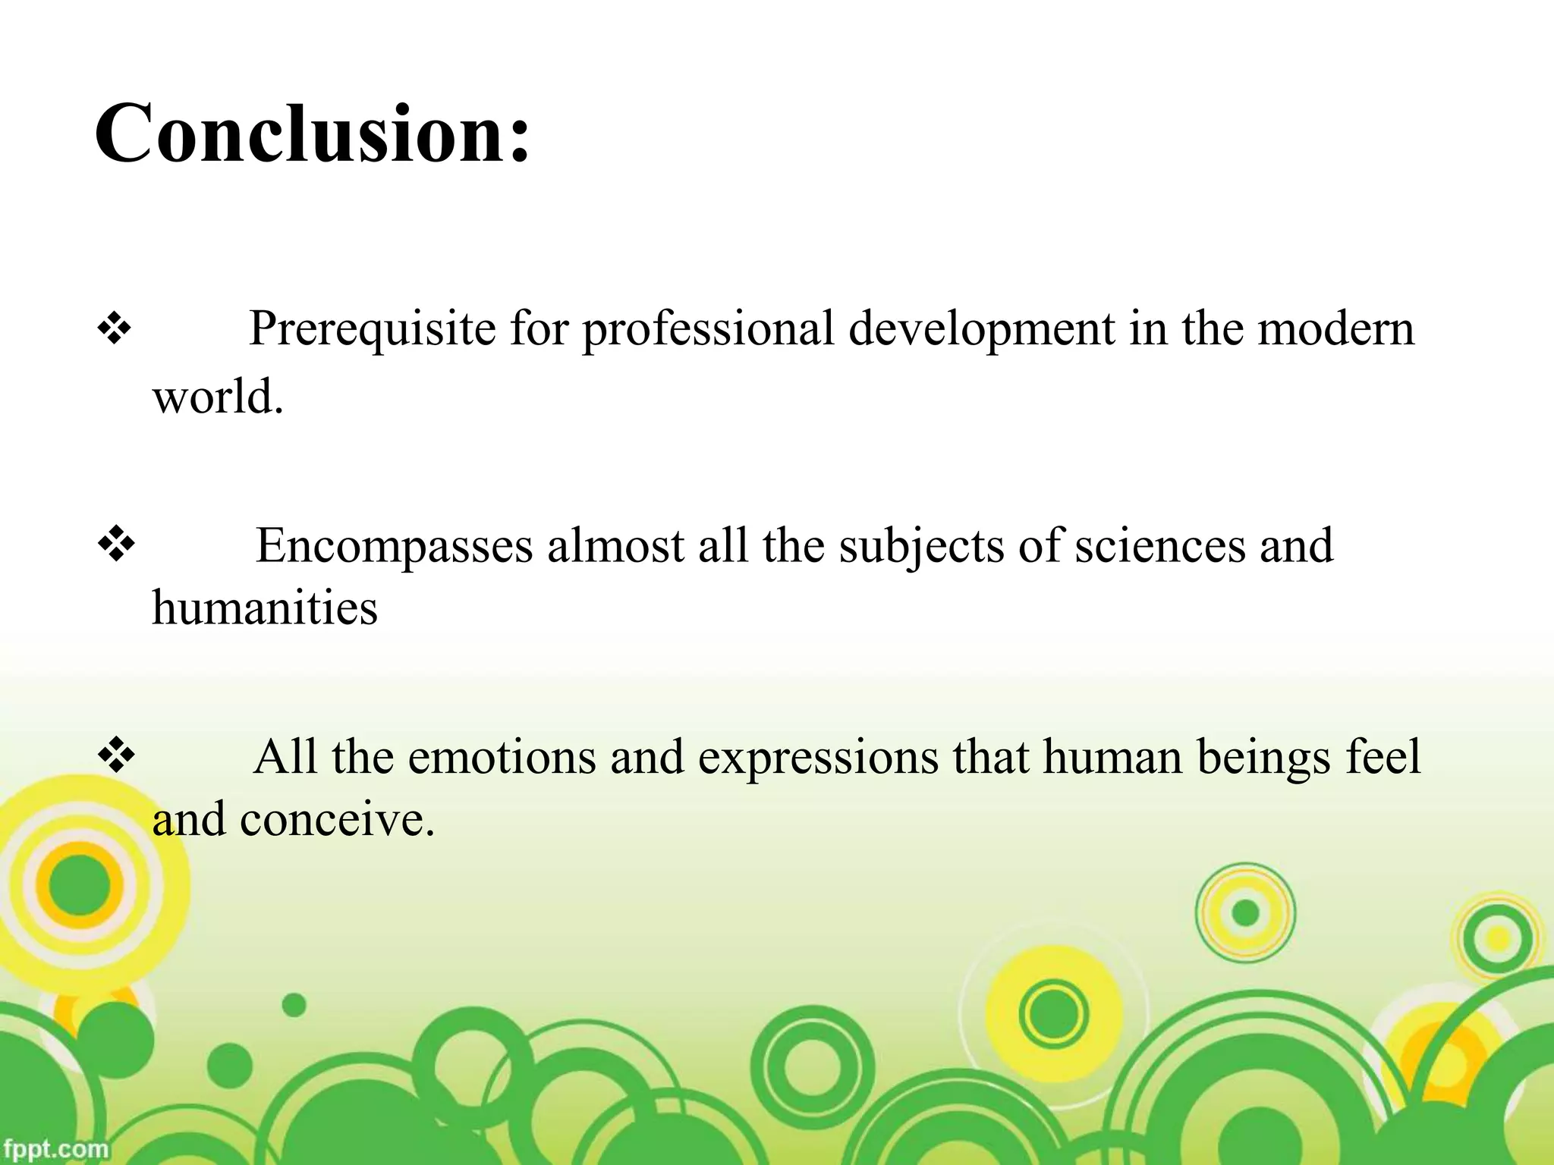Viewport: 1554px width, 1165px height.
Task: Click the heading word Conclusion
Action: [x=311, y=135]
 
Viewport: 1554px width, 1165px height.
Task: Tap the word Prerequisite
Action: [x=372, y=328]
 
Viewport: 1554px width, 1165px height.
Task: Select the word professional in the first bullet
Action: [x=708, y=328]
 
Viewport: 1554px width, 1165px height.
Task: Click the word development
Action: [x=980, y=328]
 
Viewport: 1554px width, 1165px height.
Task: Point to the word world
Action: [x=217, y=396]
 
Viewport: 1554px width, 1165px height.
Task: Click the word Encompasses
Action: [x=394, y=545]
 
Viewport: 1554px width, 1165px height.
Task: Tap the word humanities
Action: [x=265, y=608]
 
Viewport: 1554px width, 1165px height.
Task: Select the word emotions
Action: [x=502, y=757]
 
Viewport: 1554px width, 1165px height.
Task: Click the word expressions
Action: [x=818, y=757]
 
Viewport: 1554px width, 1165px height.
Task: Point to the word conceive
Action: [x=337, y=820]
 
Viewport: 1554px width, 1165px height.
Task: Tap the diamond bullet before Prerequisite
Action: [x=115, y=330]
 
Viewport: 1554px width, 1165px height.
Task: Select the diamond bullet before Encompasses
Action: [x=117, y=545]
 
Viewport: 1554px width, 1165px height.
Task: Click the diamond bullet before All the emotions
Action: [x=117, y=756]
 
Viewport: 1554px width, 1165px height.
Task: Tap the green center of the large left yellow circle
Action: [x=79, y=884]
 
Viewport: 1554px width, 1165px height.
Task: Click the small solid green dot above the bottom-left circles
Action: [x=294, y=1006]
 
